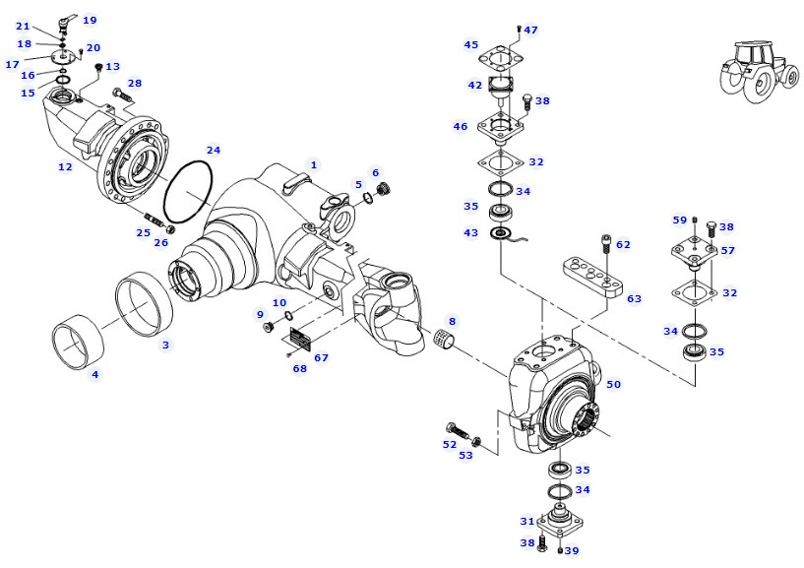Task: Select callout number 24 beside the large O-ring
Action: tap(214, 150)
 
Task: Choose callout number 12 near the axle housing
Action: tap(65, 167)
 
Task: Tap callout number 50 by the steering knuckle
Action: tap(613, 383)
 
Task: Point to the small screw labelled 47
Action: tap(519, 30)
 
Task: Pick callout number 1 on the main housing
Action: tap(314, 164)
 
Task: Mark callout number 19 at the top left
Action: tap(90, 20)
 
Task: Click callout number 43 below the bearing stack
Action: tap(471, 232)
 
